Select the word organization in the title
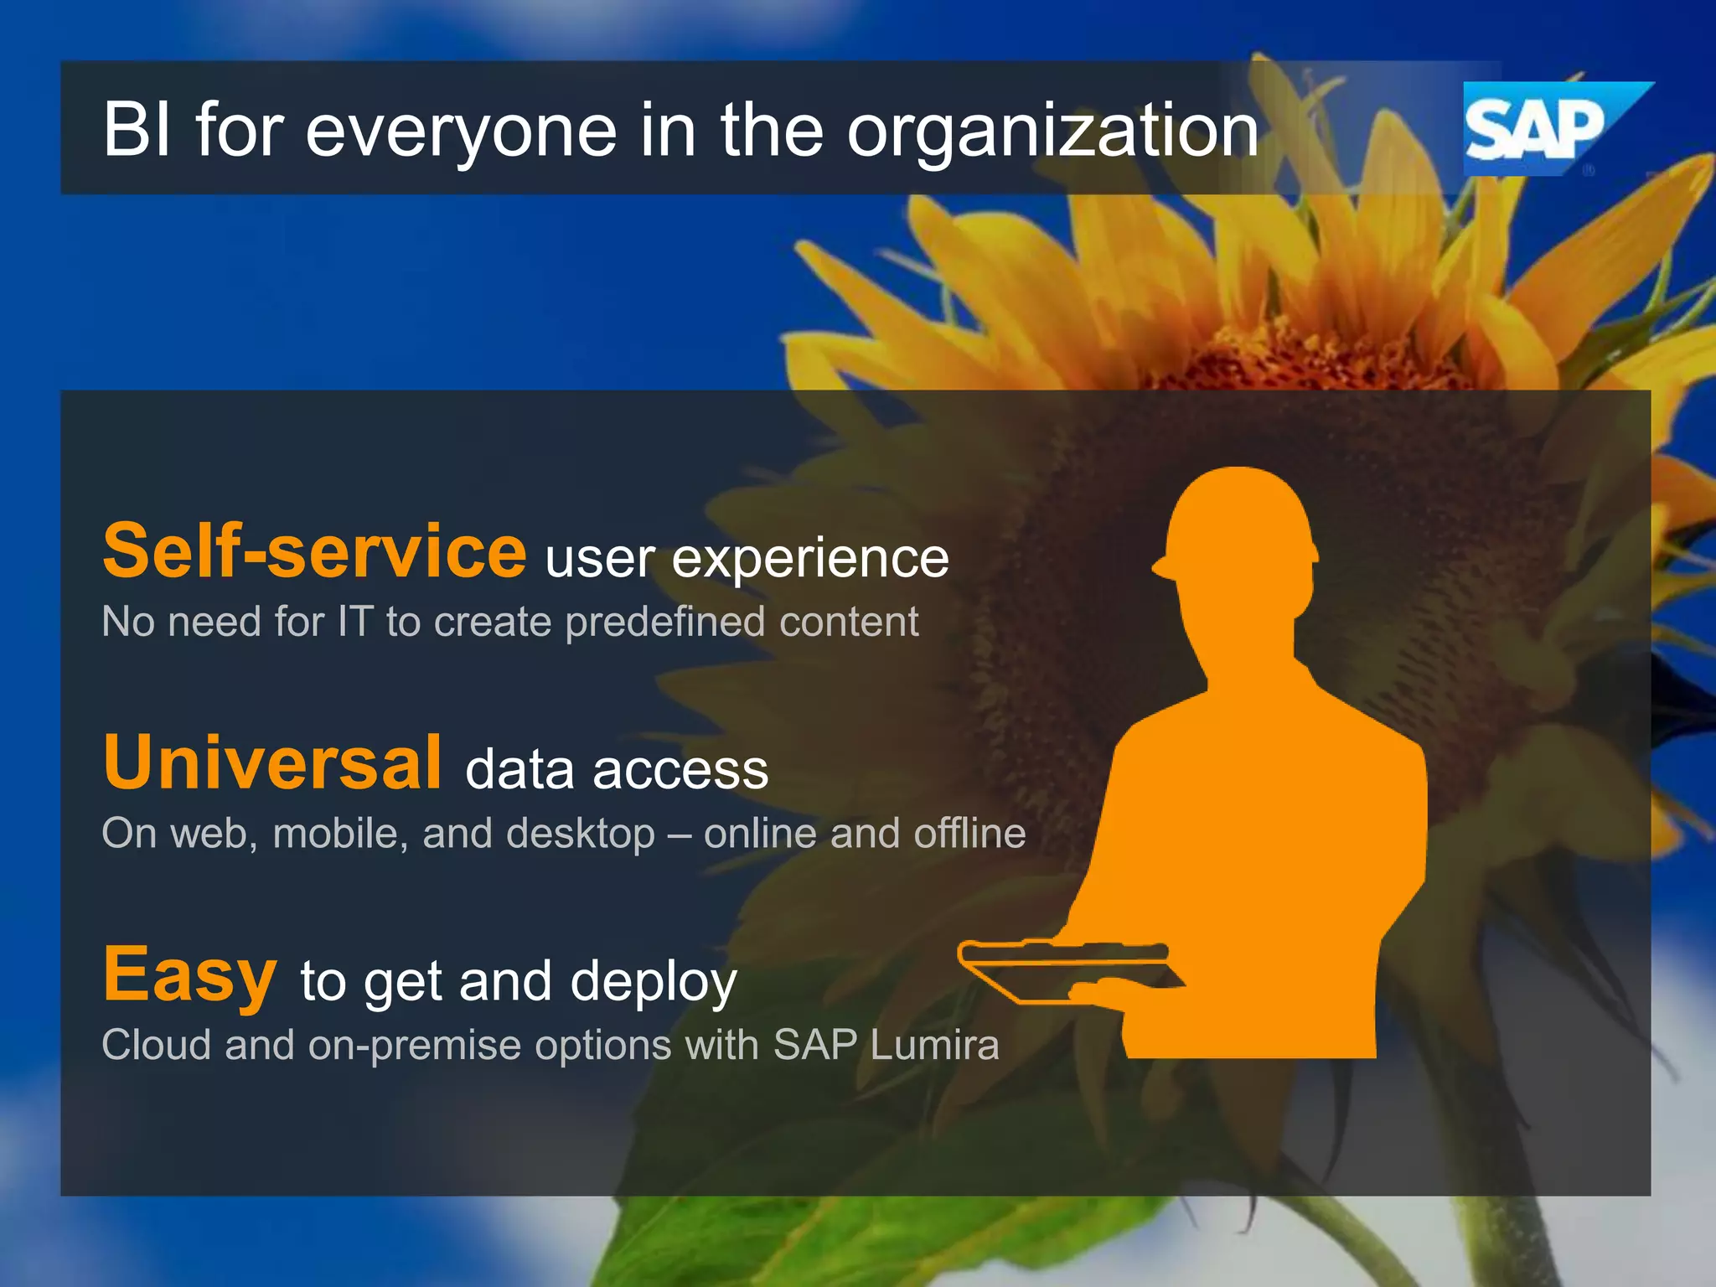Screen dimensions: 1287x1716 [1052, 132]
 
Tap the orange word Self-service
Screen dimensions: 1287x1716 [314, 550]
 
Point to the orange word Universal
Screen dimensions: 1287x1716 [272, 762]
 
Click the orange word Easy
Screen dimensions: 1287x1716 [189, 974]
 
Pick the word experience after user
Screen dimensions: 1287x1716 [810, 560]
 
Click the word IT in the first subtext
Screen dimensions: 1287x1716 [354, 623]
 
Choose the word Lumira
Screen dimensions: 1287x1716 [934, 1045]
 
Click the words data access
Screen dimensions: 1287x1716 [617, 770]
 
